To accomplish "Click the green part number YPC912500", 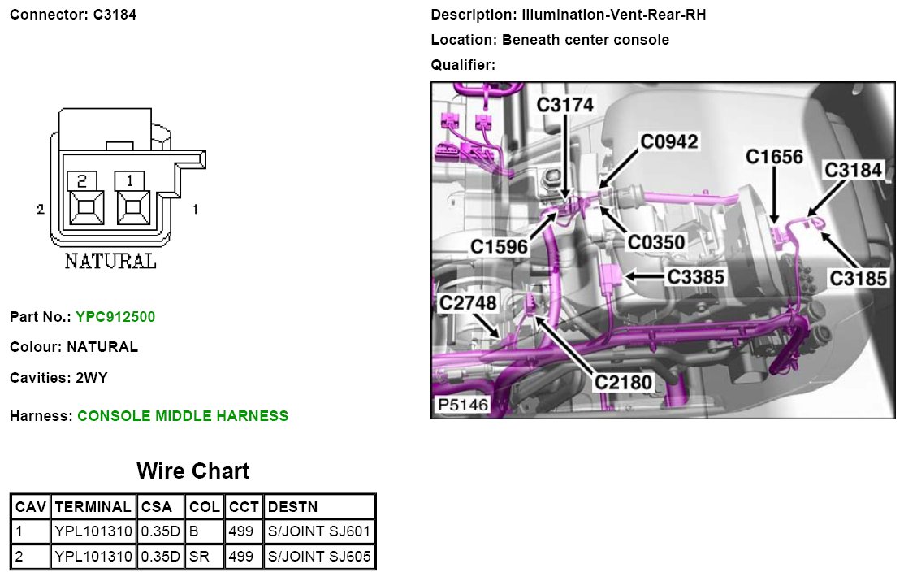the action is pyautogui.click(x=115, y=316).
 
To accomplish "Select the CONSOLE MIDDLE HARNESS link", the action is pyautogui.click(x=183, y=416).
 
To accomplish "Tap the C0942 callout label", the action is pyautogui.click(x=668, y=141).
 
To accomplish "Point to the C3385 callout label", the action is pyautogui.click(x=695, y=277).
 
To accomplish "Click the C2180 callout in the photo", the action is pyautogui.click(x=623, y=380).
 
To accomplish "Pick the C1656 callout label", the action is pyautogui.click(x=774, y=156).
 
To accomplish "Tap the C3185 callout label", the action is pyautogui.click(x=858, y=278).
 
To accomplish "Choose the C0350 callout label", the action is pyautogui.click(x=656, y=241).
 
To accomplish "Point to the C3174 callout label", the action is pyautogui.click(x=565, y=104).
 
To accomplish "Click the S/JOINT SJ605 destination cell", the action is pyautogui.click(x=319, y=557).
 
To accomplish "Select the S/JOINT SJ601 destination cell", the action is pyautogui.click(x=319, y=531).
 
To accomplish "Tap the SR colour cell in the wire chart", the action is pyautogui.click(x=204, y=557).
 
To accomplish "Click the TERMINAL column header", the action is pyautogui.click(x=93, y=506).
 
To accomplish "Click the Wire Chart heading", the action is pyautogui.click(x=192, y=471).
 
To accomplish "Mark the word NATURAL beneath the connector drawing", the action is pyautogui.click(x=110, y=262).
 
